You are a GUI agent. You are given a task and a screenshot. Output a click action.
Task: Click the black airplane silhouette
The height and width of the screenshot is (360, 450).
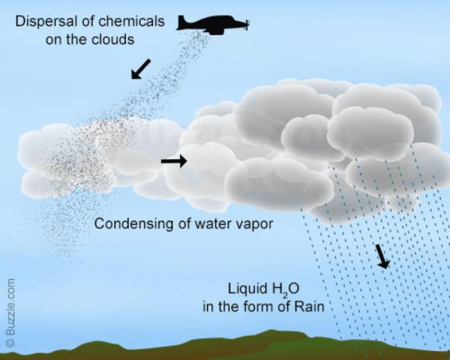[x=213, y=24]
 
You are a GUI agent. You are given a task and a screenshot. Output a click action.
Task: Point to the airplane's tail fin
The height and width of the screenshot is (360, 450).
[x=183, y=19]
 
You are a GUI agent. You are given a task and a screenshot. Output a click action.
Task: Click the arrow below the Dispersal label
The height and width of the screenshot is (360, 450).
[x=141, y=69]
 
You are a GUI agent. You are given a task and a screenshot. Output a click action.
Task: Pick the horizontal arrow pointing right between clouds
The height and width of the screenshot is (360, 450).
[x=174, y=161]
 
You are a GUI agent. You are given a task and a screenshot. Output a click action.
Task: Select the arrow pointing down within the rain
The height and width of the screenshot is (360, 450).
[x=383, y=255]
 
